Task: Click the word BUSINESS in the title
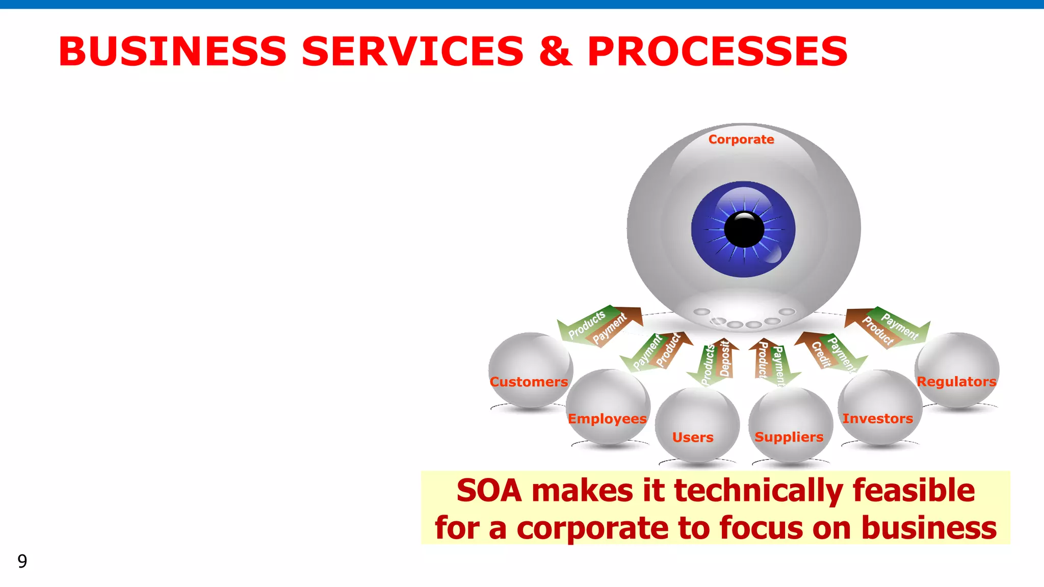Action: [x=173, y=51]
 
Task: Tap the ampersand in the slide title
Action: [x=555, y=51]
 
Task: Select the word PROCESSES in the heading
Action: [x=717, y=51]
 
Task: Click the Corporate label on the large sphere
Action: [x=741, y=140]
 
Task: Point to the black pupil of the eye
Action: [x=744, y=229]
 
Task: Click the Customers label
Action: [x=529, y=382]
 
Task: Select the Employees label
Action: [x=607, y=419]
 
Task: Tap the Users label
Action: [x=692, y=437]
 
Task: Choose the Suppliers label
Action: [x=789, y=437]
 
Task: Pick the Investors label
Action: [x=877, y=419]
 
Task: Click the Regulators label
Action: [x=956, y=382]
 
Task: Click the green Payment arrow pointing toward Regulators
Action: [x=901, y=326]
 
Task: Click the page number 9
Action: [x=22, y=561]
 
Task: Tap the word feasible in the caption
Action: [x=913, y=491]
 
